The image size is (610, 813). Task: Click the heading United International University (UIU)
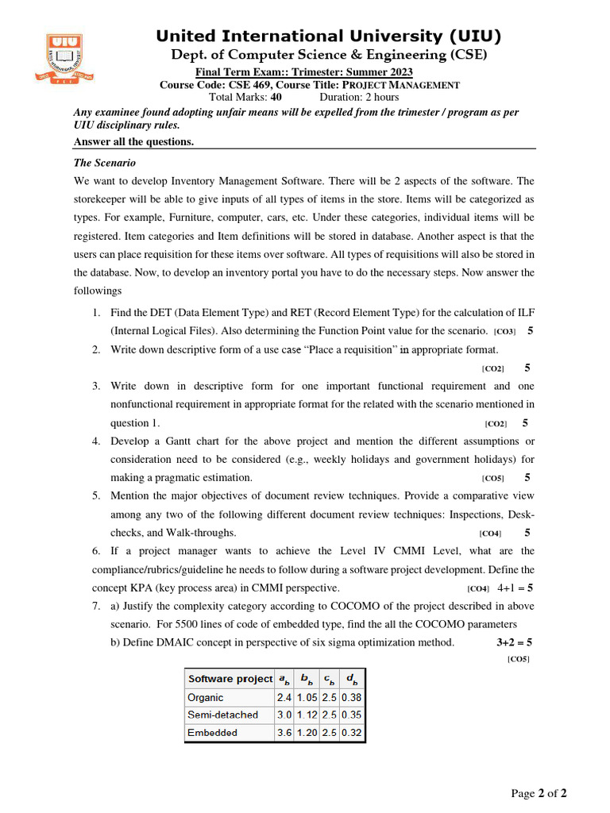click(x=328, y=36)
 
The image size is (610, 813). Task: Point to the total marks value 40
click(x=276, y=97)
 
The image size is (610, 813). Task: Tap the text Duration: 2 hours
click(x=359, y=97)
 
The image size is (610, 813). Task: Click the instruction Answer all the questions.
click(x=133, y=141)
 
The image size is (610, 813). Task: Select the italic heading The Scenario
click(x=104, y=162)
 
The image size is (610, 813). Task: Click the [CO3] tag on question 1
click(x=504, y=331)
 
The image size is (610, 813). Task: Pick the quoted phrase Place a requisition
click(x=353, y=349)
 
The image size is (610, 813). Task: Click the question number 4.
click(x=95, y=441)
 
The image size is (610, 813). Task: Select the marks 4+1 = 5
click(x=515, y=588)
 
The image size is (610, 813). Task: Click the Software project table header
click(x=230, y=679)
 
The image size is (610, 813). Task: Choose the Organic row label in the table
click(x=206, y=697)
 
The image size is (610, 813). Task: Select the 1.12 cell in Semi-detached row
click(x=306, y=715)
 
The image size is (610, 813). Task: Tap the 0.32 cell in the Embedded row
click(x=351, y=733)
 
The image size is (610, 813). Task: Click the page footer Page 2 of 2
click(x=539, y=793)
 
